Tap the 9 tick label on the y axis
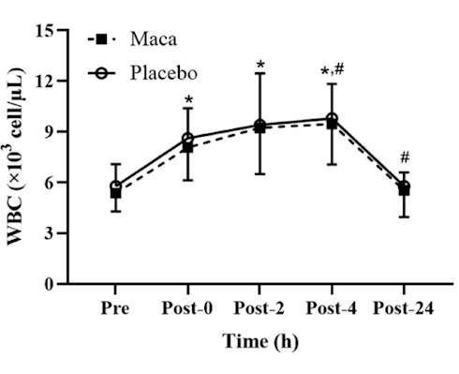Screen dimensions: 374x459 click(x=66, y=131)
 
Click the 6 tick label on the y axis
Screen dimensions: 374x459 click(x=66, y=182)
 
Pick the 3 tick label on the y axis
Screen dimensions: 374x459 click(x=66, y=232)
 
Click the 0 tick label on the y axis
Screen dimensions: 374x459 click(x=66, y=283)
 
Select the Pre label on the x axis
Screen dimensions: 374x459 click(x=115, y=307)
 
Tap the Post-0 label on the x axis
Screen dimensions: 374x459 click(x=187, y=307)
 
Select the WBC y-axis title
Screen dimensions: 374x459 click(x=21, y=155)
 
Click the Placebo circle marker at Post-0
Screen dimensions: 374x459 click(x=187, y=138)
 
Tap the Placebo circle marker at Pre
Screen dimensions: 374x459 click(x=115, y=187)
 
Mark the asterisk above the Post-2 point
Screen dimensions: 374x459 click(x=259, y=66)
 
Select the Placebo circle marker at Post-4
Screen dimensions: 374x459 click(x=332, y=119)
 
